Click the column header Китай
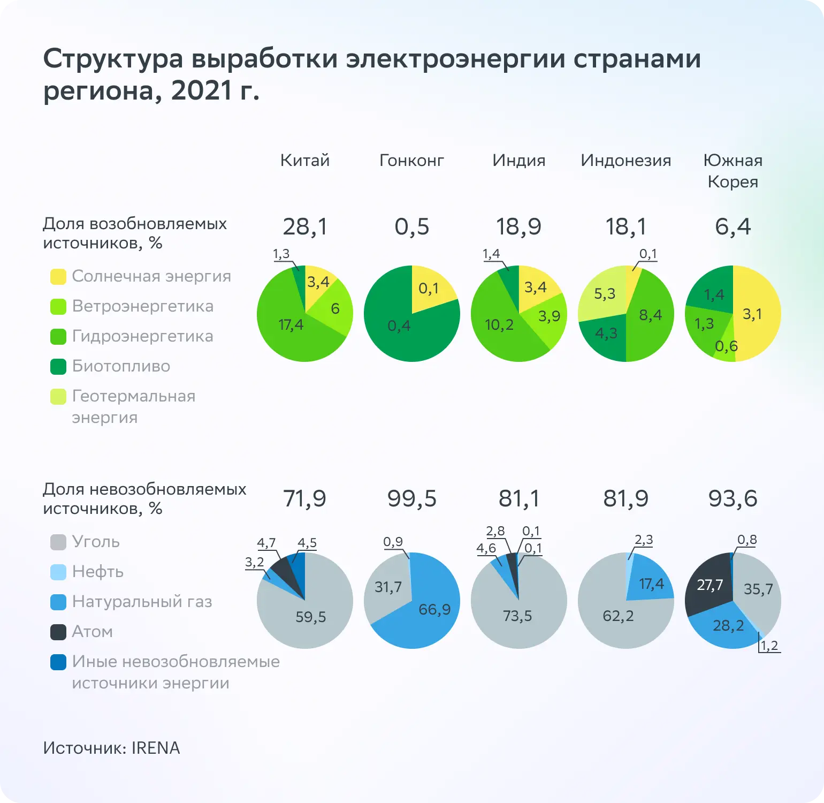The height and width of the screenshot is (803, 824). pos(305,161)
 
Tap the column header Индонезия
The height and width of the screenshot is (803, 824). pos(625,161)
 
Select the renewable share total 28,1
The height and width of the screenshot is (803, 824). pos(305,226)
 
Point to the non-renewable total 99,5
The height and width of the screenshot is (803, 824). pos(412,498)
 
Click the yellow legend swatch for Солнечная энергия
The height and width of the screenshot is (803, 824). pos(58,277)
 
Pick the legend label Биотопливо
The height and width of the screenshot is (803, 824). pos(121,366)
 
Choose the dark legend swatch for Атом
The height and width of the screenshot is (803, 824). pos(58,632)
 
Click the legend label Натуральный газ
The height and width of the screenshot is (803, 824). pos(142,602)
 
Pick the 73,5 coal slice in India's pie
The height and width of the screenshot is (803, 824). pos(517,616)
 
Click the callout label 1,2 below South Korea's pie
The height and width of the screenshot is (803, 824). pos(769,646)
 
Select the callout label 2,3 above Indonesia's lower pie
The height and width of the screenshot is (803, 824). pos(644,540)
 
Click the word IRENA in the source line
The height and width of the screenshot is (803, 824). pos(156,748)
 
